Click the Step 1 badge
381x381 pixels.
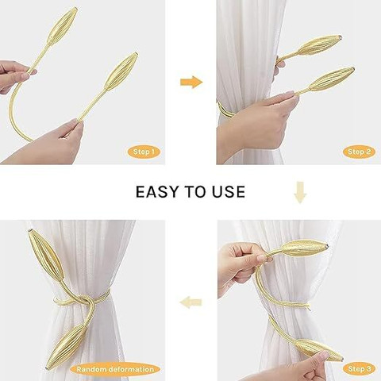(144, 152)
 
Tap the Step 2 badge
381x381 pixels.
(359, 152)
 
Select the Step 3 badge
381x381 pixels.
(359, 368)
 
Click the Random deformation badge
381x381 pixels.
(115, 369)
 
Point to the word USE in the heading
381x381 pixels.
(228, 192)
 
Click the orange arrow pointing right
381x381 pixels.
(191, 82)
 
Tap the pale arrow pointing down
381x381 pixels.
(300, 192)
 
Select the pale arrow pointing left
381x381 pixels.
(190, 302)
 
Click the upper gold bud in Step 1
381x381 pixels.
(63, 25)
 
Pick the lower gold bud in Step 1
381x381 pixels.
(121, 71)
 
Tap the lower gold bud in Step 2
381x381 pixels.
(332, 79)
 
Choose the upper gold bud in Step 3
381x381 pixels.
(304, 248)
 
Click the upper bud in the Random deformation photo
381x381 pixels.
(45, 256)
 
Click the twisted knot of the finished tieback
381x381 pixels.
(85, 302)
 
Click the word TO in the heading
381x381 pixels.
(194, 192)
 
